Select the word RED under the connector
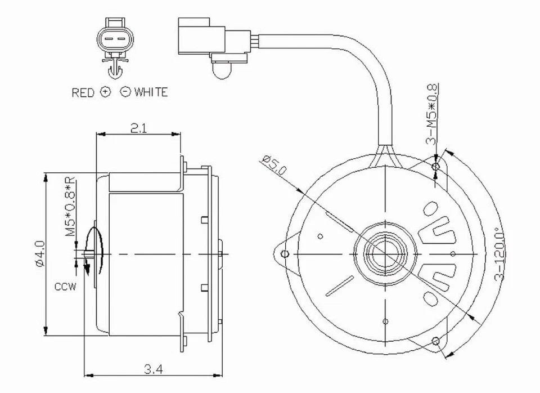(83, 92)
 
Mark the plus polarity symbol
(105, 92)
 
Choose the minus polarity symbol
(125, 92)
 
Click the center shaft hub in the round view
(385, 254)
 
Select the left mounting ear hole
(285, 254)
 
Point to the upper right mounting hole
(435, 167)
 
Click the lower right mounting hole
(435, 341)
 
